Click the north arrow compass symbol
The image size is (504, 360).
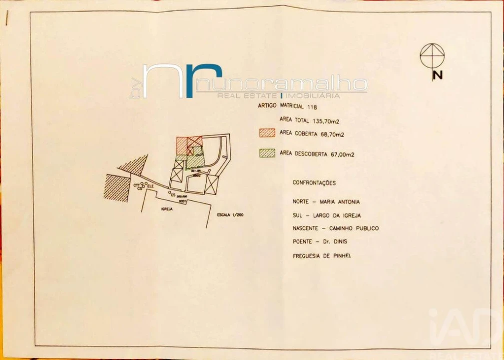coord(432,55)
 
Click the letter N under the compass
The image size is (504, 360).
coord(438,75)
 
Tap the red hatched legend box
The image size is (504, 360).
coord(267,133)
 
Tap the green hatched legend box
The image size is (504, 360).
coord(267,153)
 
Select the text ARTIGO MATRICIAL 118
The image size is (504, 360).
coord(287,106)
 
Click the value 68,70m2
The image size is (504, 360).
coord(332,134)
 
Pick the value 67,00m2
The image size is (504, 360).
coord(343,154)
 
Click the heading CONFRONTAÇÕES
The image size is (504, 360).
coord(314,183)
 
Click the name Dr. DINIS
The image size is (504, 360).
coord(336,241)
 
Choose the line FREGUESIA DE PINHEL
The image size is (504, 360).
coord(322,256)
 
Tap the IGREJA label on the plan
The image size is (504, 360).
coord(166,209)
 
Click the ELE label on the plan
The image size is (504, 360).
coord(149,186)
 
